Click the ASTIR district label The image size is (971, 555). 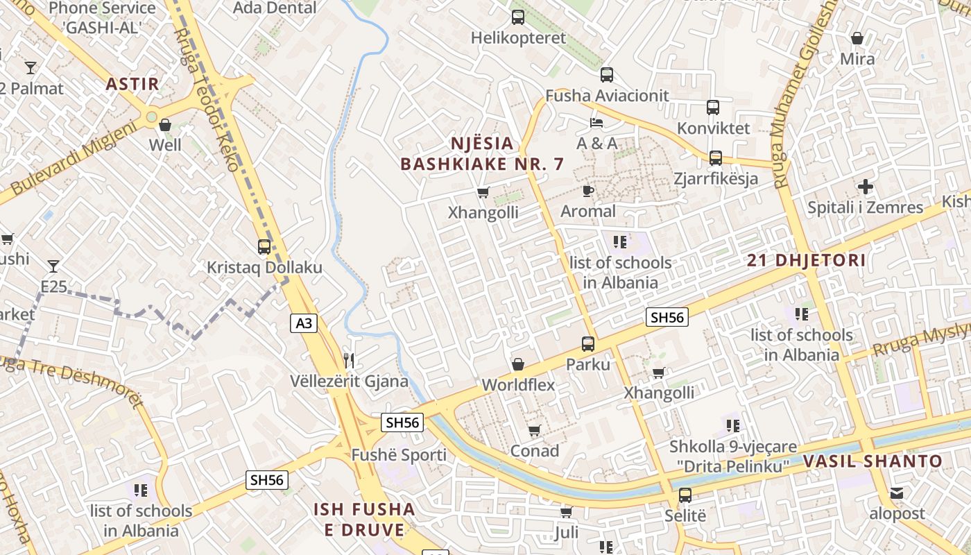[x=132, y=85]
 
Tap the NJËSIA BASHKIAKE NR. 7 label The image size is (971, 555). [x=482, y=153]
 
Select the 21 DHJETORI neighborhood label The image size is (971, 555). [x=806, y=261]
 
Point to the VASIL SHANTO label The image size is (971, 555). [x=873, y=461]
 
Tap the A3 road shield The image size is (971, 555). [x=304, y=323]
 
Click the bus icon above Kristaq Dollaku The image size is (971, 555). [x=264, y=246]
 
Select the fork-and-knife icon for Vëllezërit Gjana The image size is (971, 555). [x=349, y=360]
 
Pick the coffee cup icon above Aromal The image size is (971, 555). [x=588, y=191]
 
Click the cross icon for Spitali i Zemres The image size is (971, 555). [x=865, y=187]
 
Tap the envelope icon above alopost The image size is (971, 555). [x=897, y=493]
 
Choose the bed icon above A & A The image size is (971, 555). [x=596, y=123]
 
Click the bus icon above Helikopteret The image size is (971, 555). [x=518, y=17]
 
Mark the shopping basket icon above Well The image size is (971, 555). [x=165, y=125]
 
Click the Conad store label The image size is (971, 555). [x=534, y=451]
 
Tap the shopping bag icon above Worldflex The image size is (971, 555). [x=517, y=364]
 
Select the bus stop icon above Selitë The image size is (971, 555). [x=685, y=495]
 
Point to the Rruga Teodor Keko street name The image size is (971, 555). [x=206, y=101]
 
